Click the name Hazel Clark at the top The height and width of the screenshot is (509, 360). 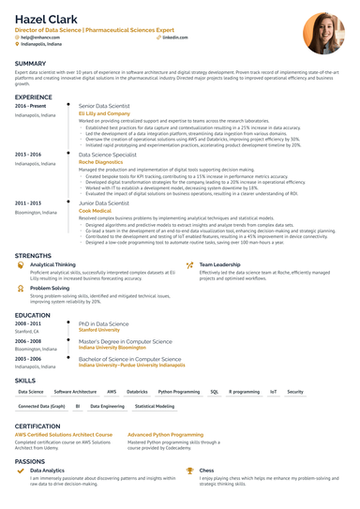[46, 19]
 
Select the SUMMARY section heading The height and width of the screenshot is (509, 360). [33, 64]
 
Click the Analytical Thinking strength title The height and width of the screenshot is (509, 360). [53, 265]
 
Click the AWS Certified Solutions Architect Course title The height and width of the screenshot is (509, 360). [65, 435]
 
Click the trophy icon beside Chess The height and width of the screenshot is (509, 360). [190, 471]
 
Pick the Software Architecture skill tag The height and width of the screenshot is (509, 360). [76, 392]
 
